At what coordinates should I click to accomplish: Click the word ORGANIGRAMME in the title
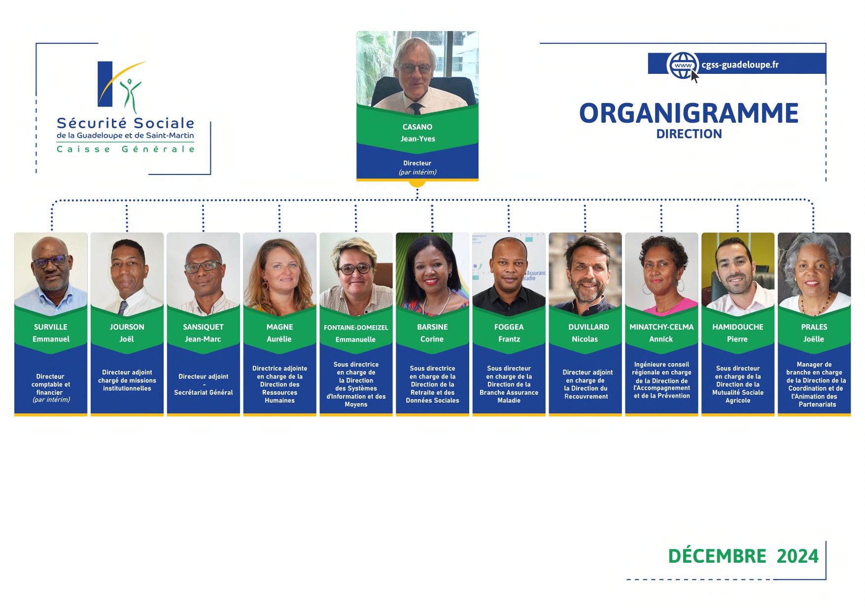(x=689, y=113)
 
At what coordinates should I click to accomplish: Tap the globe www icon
(x=683, y=65)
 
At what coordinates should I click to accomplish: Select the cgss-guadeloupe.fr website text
(x=740, y=65)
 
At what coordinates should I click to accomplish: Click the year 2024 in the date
(x=797, y=556)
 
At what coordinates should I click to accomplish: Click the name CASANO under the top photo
(x=417, y=127)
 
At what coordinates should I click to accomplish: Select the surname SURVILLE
(x=51, y=327)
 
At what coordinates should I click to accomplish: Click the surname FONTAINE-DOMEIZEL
(x=356, y=327)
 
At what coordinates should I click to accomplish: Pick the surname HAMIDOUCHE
(x=738, y=327)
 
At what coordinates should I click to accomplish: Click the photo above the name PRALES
(x=814, y=273)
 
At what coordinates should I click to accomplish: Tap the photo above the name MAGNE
(x=280, y=273)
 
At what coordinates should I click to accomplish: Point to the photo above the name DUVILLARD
(x=585, y=273)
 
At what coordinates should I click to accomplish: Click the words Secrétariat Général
(x=204, y=392)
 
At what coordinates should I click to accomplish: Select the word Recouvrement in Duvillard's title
(x=586, y=396)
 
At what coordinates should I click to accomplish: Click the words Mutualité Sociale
(x=738, y=392)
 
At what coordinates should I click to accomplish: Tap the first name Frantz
(x=509, y=339)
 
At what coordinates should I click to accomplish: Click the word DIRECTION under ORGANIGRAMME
(x=689, y=134)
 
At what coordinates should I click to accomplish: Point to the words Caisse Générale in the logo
(x=126, y=149)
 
